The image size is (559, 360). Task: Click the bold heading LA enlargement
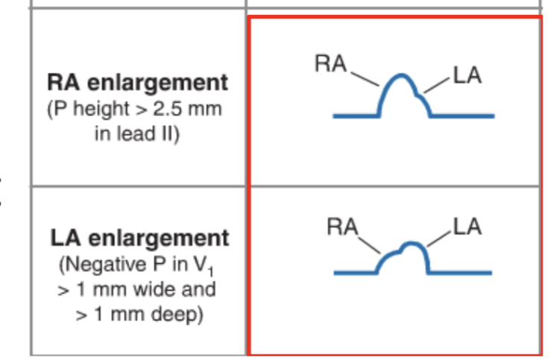tap(139, 238)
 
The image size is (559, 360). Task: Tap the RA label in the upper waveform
tap(332, 65)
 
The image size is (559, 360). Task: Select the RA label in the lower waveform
tap(344, 227)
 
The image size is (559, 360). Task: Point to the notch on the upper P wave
tap(423, 95)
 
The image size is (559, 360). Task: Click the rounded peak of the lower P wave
tap(409, 245)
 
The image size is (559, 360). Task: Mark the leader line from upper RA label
tap(365, 77)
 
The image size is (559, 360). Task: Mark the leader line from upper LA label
tap(438, 84)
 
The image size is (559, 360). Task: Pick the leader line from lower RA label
tap(370, 244)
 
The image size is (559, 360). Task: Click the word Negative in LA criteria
tap(95, 264)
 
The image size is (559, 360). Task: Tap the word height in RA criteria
tap(117, 109)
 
